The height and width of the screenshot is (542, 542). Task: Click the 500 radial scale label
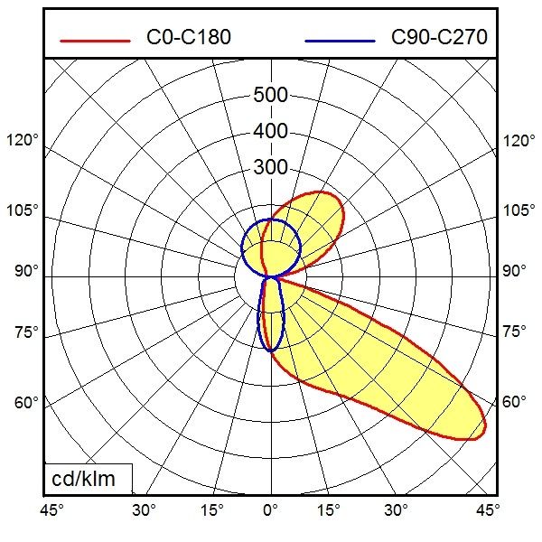point(270,96)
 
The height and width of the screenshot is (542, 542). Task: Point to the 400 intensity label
point(270,132)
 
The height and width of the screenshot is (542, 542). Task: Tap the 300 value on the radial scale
point(270,168)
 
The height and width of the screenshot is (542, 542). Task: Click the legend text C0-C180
point(188,38)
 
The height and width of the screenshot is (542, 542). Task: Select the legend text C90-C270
point(439,38)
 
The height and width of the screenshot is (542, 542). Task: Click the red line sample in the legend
point(94,39)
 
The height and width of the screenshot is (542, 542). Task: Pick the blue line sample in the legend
point(340,39)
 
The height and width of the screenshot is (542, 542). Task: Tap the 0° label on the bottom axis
point(270,511)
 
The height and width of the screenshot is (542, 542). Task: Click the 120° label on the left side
point(23,141)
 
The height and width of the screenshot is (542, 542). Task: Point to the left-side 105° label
point(23,210)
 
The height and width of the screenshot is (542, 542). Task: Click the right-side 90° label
point(514,271)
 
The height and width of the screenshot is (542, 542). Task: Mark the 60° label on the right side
point(514,402)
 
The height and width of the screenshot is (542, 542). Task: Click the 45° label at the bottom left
point(52,511)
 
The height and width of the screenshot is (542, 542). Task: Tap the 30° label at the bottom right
point(396,511)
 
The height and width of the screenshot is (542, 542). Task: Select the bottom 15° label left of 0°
point(211,511)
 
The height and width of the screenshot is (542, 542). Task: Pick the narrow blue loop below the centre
point(271,316)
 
